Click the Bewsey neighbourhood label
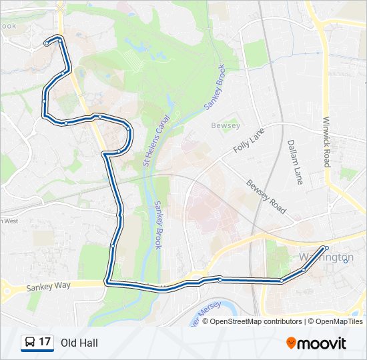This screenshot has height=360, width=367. pos(220,125)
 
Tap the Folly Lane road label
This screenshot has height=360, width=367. pos(249,141)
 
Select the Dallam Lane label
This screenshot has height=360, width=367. pos(294,161)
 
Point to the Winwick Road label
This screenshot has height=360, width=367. pos(326,143)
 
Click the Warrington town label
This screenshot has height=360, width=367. pos(327,257)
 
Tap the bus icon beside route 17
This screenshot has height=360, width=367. pos(29,343)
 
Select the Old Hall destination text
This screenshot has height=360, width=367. pos(79,343)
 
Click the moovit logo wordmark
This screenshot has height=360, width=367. pos(322,343)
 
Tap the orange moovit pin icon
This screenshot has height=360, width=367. pos(292,343)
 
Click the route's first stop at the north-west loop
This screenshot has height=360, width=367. pos(47,43)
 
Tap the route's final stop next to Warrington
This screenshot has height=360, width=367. pos(326,248)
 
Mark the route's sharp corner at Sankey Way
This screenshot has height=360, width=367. pos(107,283)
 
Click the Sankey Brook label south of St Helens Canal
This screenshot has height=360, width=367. pos(158,225)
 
